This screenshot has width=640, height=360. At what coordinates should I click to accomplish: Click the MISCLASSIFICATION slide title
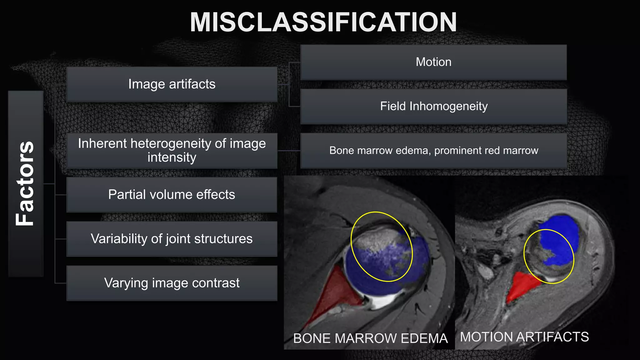pos(323,22)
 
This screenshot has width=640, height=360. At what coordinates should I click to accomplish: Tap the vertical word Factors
pos(25,183)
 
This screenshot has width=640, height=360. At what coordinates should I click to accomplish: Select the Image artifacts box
pos(172,84)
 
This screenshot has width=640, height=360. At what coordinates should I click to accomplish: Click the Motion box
pos(433,62)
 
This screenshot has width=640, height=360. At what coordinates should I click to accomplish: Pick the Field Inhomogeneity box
pos(433,107)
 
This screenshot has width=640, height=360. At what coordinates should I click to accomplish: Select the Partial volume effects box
pos(172,195)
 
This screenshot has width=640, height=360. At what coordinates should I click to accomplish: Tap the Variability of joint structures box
pos(172,239)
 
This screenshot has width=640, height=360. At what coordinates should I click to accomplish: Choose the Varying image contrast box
pos(172,283)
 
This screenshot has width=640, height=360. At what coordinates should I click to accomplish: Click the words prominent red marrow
pos(486,151)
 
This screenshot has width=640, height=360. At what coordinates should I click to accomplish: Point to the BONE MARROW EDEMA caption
pos(370,338)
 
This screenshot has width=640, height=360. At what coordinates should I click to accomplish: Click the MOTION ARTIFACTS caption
pos(524,337)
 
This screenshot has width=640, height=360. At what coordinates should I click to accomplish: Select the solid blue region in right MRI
pos(559,237)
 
